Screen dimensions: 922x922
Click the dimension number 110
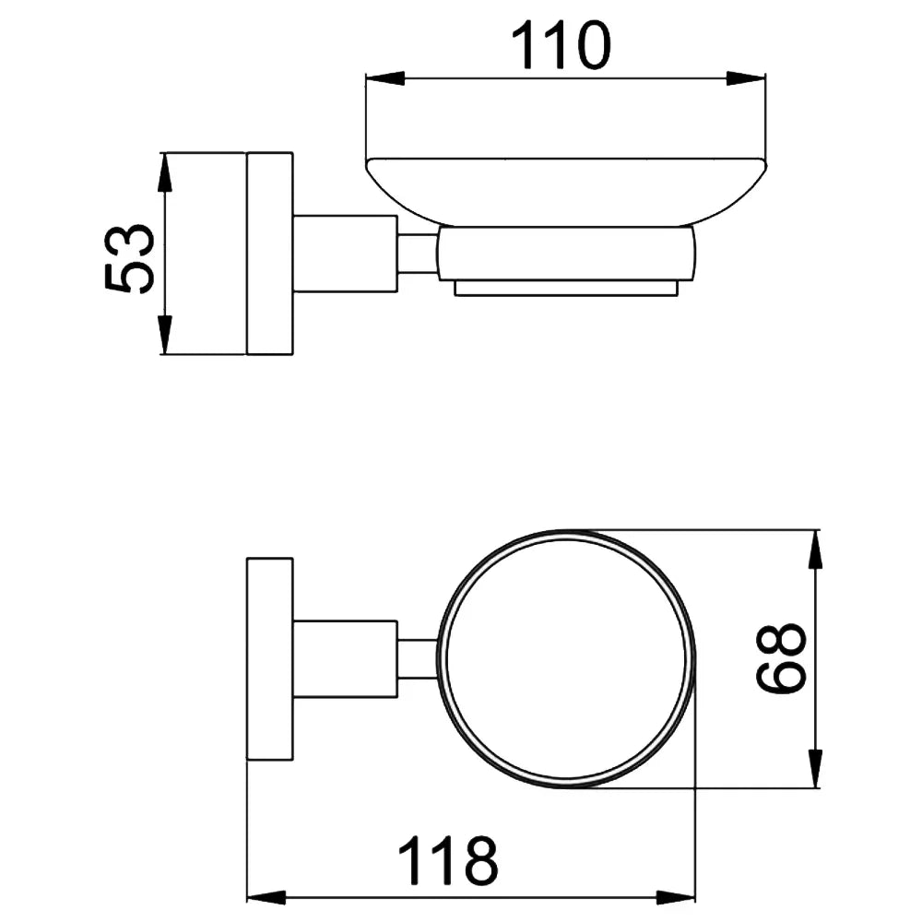[x=561, y=45]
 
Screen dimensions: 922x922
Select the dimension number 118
[x=448, y=861]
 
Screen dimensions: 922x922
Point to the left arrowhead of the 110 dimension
[x=385, y=78]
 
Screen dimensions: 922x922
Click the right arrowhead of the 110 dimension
[x=746, y=78]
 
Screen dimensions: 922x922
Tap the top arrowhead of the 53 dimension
[x=166, y=172]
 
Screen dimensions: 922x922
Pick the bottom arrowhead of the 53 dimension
[x=166, y=336]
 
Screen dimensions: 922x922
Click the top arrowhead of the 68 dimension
[x=815, y=550]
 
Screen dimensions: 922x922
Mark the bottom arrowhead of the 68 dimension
[x=815, y=768]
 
